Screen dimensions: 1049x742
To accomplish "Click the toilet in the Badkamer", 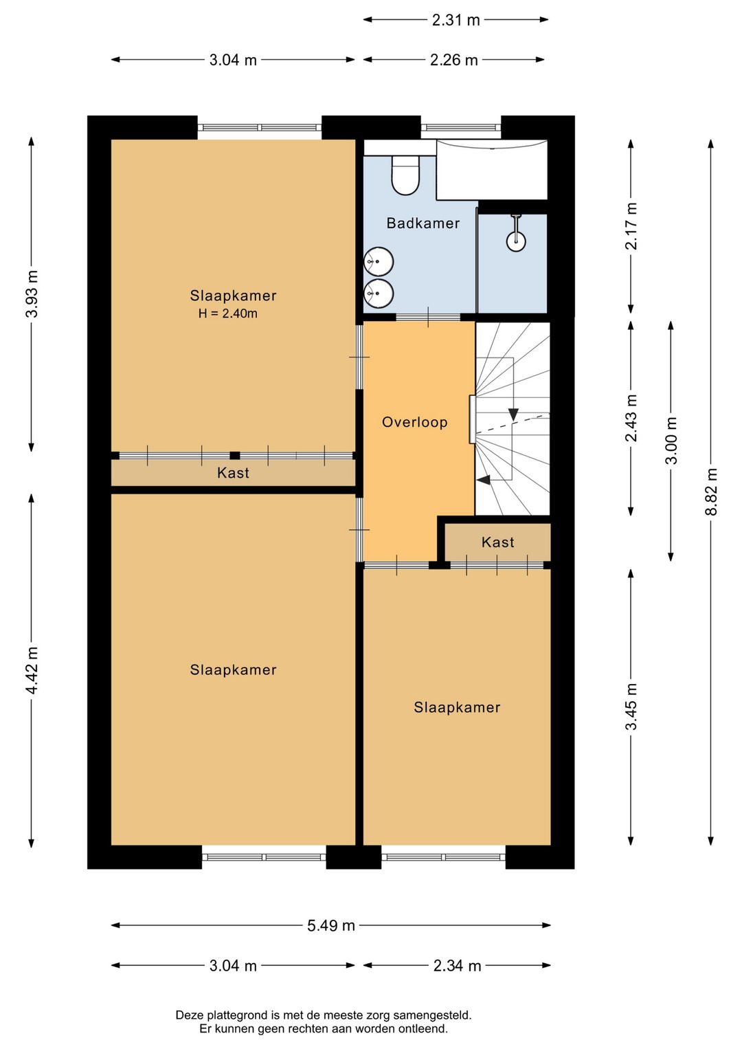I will [405, 175].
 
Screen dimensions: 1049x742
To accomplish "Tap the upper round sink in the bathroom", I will [378, 262].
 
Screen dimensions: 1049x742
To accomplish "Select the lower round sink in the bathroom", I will [378, 294].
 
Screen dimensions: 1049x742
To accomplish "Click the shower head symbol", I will [515, 240].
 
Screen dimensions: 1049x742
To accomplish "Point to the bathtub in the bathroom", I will [492, 170].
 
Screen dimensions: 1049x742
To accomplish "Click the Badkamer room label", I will [423, 223].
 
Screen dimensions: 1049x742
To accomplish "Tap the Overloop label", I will [414, 422].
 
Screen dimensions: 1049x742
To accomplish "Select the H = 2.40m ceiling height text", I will [227, 314].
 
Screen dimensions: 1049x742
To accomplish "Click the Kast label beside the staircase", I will [497, 542].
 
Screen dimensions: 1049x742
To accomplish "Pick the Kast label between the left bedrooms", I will [233, 473].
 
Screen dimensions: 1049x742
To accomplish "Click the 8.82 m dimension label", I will [711, 492].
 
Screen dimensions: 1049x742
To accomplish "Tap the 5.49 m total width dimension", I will [330, 925].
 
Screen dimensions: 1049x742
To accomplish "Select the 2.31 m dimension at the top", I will [456, 20].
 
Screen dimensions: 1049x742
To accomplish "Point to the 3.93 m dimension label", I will [32, 294].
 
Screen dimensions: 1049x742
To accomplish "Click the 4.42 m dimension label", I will [32, 670].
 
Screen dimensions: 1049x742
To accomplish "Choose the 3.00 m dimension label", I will [671, 441].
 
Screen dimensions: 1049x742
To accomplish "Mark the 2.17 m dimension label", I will [631, 226].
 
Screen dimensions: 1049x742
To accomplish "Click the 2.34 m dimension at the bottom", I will [457, 966].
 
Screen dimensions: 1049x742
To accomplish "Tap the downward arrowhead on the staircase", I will [513, 414].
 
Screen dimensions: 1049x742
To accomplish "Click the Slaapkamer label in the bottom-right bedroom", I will [457, 707].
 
